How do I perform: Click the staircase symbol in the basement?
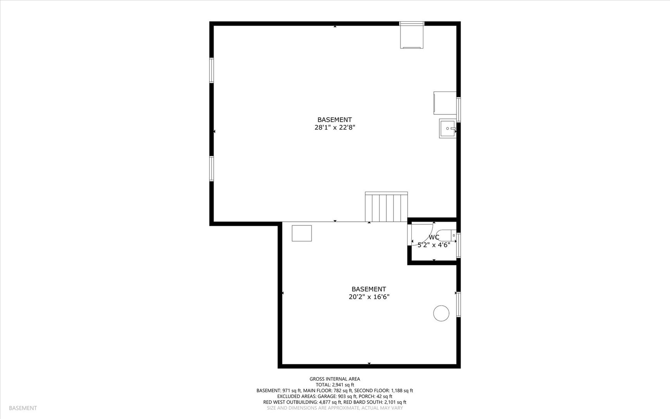pos(386,207)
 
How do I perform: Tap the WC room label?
pos(434,237)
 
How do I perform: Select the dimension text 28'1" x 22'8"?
pos(335,127)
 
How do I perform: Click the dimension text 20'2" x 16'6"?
pos(369,297)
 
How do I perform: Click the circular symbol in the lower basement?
pos(441,313)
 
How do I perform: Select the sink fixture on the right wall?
pos(447,128)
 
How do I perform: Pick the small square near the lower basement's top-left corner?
pos(302,233)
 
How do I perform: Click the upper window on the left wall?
pos(212,70)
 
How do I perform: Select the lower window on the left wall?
pos(212,168)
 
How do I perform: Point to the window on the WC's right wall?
pos(458,245)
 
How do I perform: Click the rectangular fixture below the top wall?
pos(412,36)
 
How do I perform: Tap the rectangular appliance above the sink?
pos(445,103)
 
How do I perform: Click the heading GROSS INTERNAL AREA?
pos(335,379)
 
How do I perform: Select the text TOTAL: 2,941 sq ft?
pos(335,385)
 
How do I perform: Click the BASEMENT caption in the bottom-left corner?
pos(23,408)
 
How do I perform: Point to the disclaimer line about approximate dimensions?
pos(335,408)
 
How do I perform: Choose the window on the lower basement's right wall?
pos(458,305)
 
